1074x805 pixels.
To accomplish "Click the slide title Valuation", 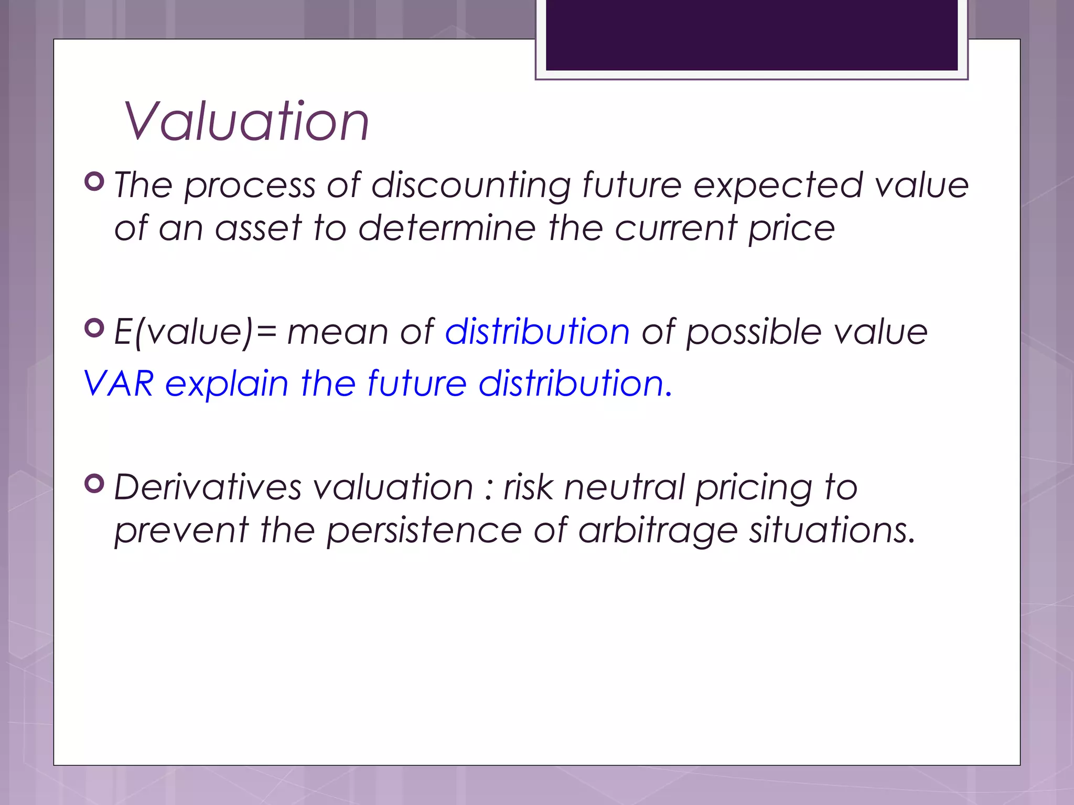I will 246,122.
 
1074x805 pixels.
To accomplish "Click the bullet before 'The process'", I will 94,181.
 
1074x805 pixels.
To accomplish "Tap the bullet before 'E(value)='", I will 94,328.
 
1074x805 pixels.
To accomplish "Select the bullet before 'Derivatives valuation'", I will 94,483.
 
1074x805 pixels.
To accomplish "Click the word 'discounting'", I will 471,186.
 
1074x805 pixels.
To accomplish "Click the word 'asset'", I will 259,229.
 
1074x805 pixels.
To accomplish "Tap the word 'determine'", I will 447,229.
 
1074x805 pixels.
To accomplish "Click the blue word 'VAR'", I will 119,383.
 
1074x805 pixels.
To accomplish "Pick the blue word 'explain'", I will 227,384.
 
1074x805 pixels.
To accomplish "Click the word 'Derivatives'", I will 208,487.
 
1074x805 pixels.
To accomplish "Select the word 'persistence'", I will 424,531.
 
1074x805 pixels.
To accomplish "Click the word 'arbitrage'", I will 658,531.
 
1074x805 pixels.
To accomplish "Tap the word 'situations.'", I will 832,530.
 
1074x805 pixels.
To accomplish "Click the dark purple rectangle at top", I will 751,35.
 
